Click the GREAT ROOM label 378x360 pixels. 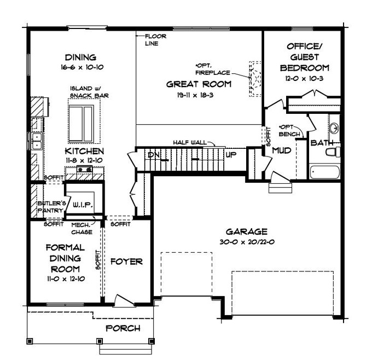tap(199, 84)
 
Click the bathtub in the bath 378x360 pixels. tap(325, 172)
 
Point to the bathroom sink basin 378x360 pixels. tap(334, 129)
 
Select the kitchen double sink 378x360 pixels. tap(36, 141)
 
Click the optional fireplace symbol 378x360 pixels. tap(254, 79)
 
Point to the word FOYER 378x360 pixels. tap(126, 262)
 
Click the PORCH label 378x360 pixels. tap(123, 328)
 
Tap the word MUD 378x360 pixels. tap(281, 149)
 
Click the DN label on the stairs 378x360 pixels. tap(154, 155)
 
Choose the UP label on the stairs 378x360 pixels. tap(231, 155)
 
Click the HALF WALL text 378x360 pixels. tap(189, 142)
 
